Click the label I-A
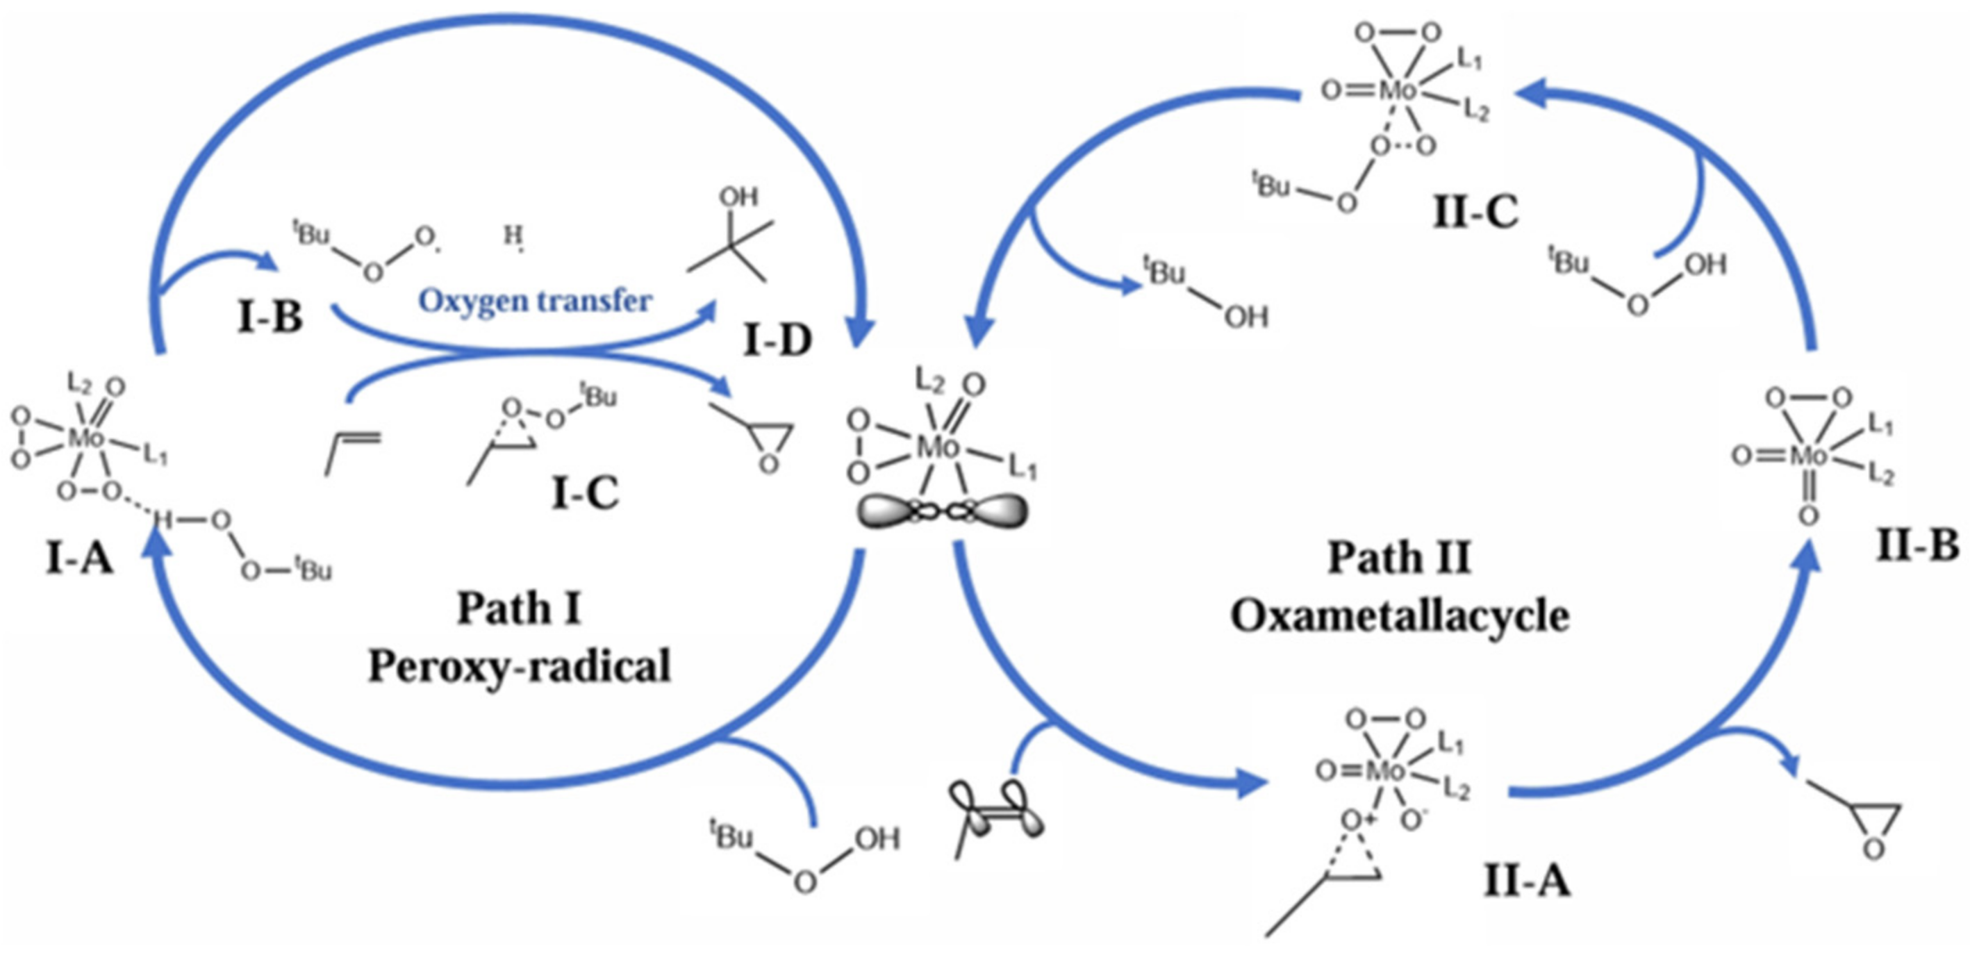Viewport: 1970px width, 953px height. point(79,558)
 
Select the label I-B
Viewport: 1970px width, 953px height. point(270,317)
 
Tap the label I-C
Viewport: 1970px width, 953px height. point(585,493)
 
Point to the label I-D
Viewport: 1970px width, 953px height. point(777,340)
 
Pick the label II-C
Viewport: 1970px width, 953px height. point(1475,212)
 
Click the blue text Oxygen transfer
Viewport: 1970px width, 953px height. point(535,301)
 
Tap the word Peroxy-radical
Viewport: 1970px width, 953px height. point(520,666)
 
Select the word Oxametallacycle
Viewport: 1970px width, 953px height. point(1400,615)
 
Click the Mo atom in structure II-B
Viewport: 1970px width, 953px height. point(1809,456)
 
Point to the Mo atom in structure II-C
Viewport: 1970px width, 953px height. point(1397,90)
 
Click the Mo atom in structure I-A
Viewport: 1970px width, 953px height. point(85,438)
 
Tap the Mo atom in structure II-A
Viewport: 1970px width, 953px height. point(1385,771)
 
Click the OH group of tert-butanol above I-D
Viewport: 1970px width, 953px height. point(738,197)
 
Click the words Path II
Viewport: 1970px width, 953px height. point(1399,558)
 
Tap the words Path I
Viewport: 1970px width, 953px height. point(520,608)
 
